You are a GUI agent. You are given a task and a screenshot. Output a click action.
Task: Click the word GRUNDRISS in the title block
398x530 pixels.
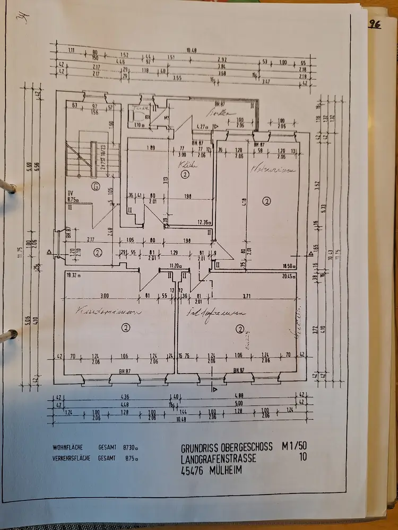click(202, 448)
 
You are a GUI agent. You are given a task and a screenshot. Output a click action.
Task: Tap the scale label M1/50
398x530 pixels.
click(295, 447)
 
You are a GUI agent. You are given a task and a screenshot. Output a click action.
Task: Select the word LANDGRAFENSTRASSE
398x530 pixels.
click(219, 458)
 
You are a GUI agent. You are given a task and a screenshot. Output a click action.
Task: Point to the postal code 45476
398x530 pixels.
click(192, 470)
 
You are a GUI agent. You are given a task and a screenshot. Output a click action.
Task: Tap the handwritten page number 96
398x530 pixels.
click(376, 24)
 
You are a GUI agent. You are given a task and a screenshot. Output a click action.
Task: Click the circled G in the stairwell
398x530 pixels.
click(96, 185)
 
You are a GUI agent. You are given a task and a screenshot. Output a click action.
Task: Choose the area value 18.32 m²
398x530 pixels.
click(72, 276)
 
